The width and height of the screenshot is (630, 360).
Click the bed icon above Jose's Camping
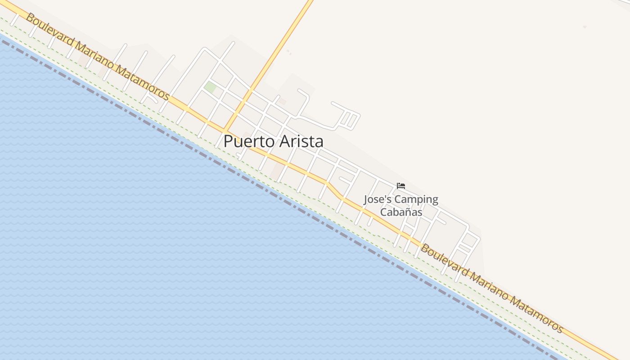[x=401, y=185]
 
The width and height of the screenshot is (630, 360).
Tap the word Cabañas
[x=401, y=212]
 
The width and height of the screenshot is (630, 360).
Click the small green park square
[x=210, y=87]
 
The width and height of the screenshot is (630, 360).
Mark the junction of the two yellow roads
[x=225, y=129]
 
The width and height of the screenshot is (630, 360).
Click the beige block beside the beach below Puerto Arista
[x=278, y=170]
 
